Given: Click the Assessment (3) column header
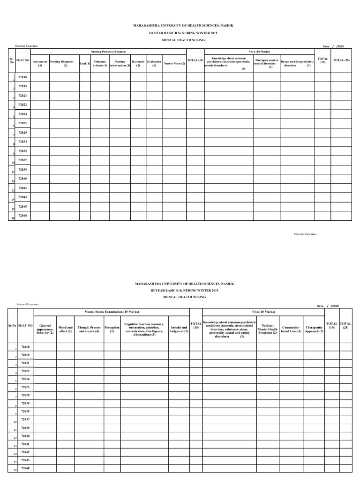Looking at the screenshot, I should (x=40, y=63).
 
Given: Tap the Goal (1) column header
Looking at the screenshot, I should (x=85, y=63).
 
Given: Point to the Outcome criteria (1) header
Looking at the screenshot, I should (x=100, y=63).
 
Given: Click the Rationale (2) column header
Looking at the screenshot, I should (x=138, y=63).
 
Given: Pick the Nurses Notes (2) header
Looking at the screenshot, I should (x=174, y=63).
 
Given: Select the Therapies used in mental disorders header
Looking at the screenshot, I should (x=266, y=63).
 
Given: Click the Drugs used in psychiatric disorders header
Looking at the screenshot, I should (x=297, y=63).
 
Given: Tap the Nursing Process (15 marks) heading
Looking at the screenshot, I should (x=108, y=51).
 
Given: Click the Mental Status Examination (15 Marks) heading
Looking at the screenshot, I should (x=112, y=311).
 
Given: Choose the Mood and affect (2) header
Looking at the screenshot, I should (x=65, y=329).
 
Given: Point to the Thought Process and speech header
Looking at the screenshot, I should (x=89, y=329).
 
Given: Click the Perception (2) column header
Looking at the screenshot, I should (x=112, y=329).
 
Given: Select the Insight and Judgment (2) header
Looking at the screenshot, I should (x=179, y=329).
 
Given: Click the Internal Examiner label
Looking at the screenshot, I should (x=28, y=304).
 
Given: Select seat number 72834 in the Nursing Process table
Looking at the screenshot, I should (x=22, y=141).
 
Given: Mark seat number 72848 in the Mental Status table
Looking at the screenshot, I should (x=25, y=468).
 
